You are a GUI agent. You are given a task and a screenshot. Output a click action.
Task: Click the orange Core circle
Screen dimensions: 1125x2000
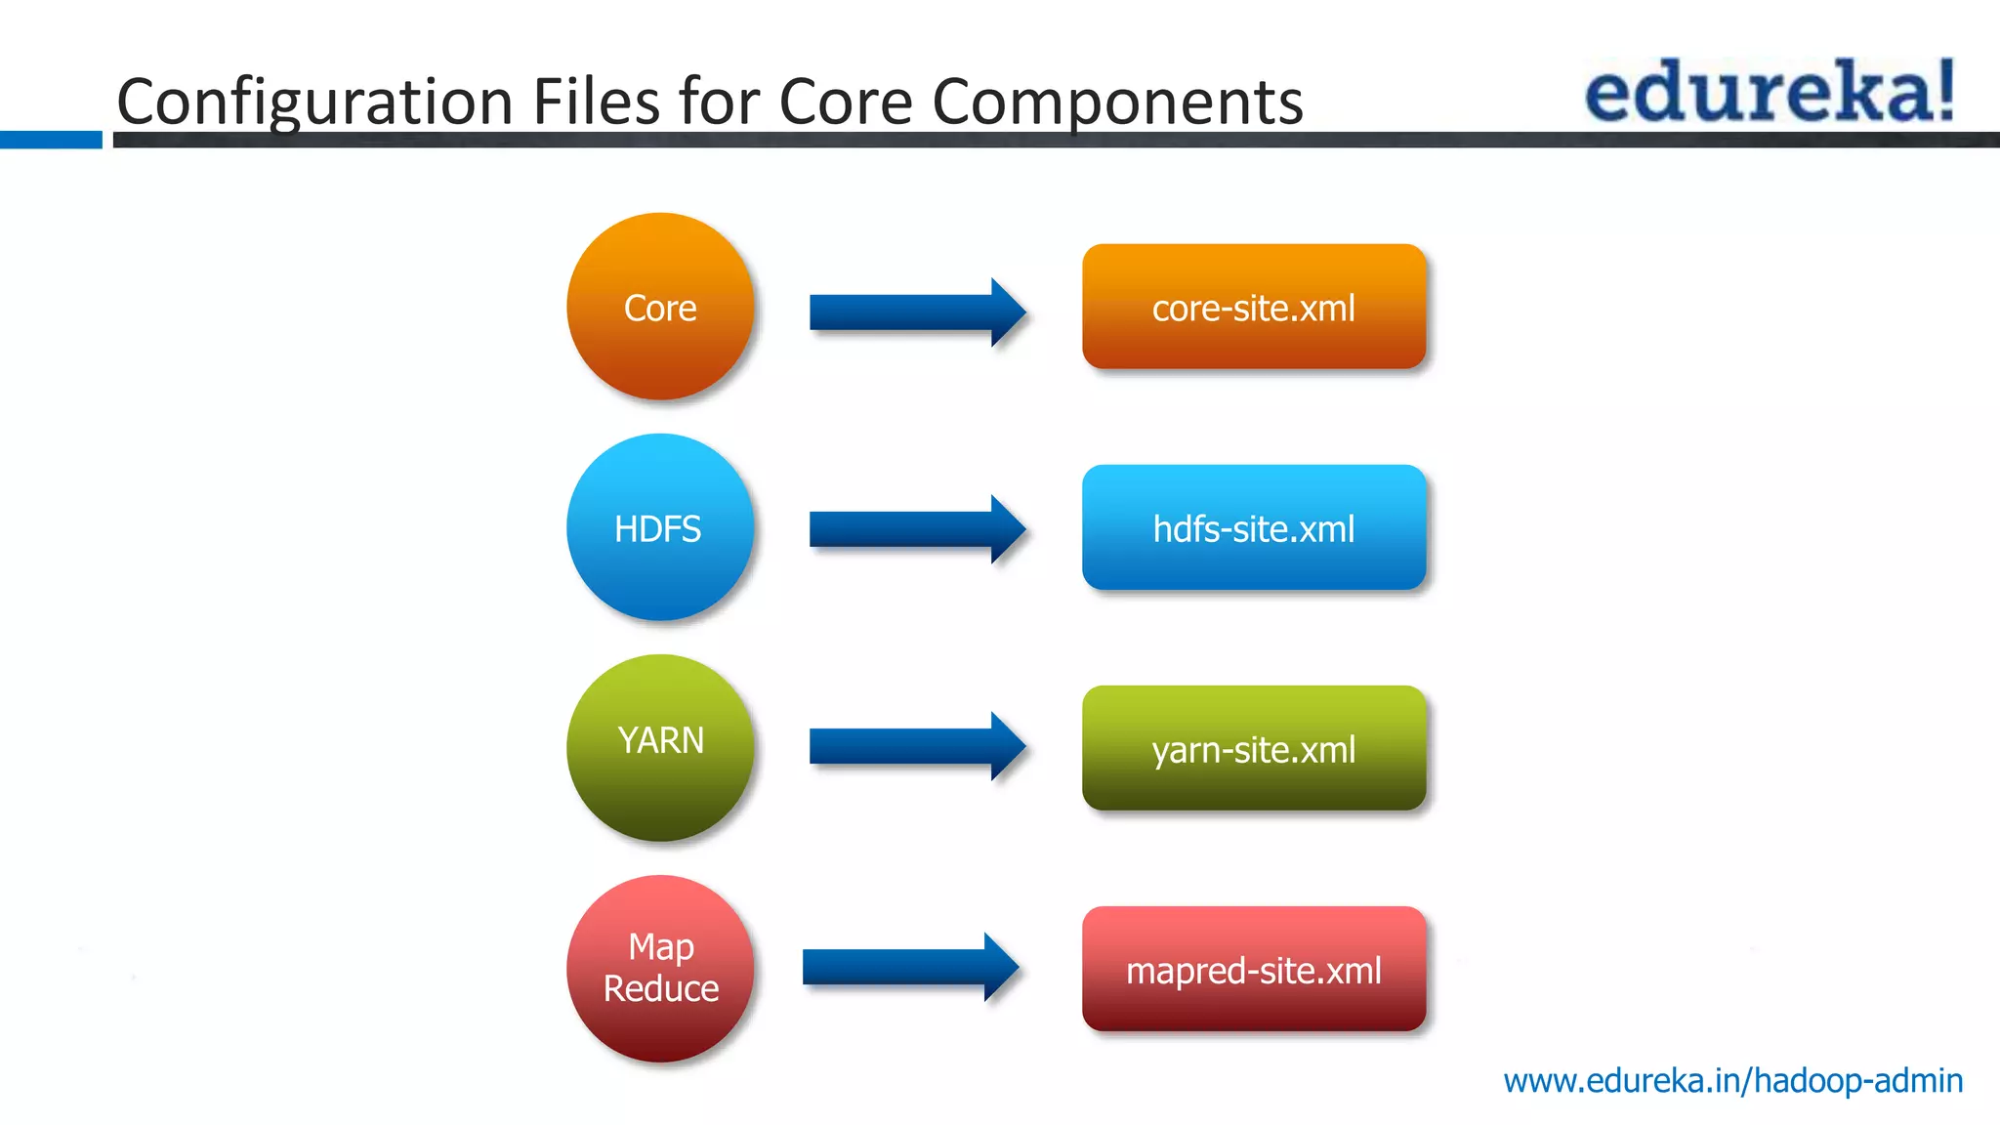(660, 307)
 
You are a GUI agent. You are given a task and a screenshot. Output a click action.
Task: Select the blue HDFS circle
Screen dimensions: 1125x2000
(660, 527)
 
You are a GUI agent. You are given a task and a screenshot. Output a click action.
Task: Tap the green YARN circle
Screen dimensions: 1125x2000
(660, 747)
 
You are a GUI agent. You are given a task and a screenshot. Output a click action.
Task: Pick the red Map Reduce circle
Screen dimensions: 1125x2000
(660, 968)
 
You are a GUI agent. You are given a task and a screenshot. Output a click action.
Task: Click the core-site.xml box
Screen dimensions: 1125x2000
(1254, 307)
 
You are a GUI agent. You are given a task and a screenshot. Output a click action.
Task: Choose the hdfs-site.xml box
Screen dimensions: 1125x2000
(1254, 527)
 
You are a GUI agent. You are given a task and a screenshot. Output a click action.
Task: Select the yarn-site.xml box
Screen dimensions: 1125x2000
(1254, 748)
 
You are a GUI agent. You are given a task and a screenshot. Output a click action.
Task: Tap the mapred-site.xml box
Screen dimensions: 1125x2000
(1254, 969)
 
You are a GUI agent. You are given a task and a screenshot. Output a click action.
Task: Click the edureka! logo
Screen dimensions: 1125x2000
(1768, 92)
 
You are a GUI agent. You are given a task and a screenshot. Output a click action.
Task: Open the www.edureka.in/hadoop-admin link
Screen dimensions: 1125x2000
(1732, 1081)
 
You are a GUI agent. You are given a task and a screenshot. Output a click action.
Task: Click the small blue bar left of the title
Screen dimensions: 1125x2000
(51, 140)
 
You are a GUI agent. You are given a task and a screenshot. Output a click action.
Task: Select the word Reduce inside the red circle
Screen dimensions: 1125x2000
(661, 988)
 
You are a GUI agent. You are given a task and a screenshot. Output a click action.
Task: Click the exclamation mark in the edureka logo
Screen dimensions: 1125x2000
(1944, 90)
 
